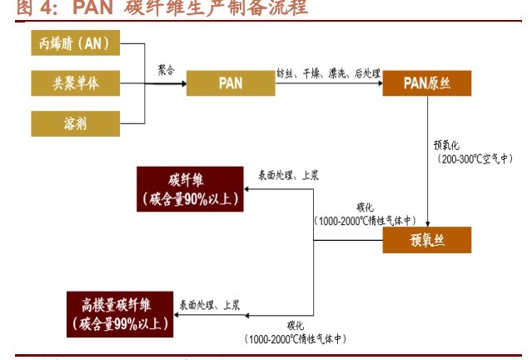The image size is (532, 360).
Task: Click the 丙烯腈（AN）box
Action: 75,42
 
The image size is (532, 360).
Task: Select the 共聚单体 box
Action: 75,83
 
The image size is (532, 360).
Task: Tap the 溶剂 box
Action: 75,123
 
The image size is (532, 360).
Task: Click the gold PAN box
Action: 231,83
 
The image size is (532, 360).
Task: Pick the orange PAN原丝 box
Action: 426,83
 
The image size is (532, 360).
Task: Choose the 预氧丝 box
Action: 426,240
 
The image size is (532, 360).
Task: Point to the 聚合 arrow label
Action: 167,71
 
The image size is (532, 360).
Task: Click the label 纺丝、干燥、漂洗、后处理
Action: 328,73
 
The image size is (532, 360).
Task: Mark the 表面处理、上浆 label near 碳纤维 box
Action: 288,175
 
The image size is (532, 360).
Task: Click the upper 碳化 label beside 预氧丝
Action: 365,207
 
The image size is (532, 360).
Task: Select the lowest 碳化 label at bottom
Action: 296,325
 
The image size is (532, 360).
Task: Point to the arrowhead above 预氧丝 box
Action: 426,222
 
